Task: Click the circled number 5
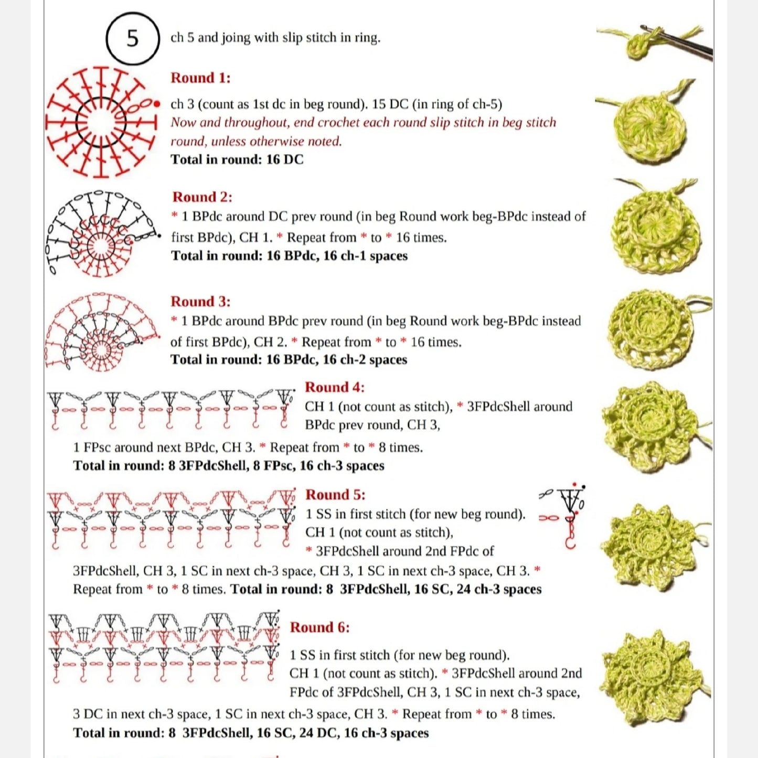pos(133,38)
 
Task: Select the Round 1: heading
pos(200,78)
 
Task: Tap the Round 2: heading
pos(202,197)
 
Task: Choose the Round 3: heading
pos(200,302)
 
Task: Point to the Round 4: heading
pos(335,387)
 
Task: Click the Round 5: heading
pos(335,495)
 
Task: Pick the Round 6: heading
pos(319,627)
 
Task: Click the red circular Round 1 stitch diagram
pos(101,122)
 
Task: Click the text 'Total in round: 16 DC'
pos(237,159)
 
